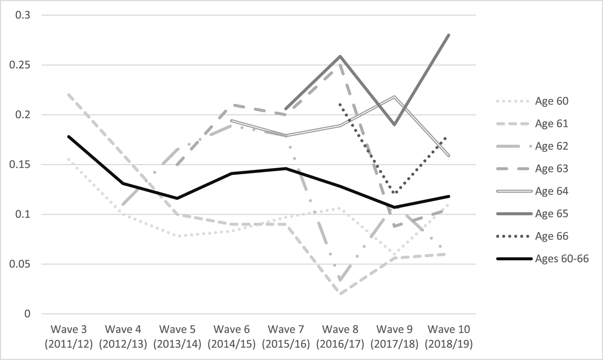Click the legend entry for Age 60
tap(551, 101)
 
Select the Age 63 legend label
tap(551, 169)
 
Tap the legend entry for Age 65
tap(551, 214)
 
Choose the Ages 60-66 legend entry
tap(562, 259)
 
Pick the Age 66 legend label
tap(551, 236)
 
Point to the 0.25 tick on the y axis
tap(22, 65)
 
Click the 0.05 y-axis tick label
tap(22, 264)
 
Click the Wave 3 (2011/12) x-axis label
tap(69, 337)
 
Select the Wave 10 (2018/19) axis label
tap(449, 337)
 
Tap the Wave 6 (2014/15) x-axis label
tap(232, 337)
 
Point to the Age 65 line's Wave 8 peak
tap(340, 56)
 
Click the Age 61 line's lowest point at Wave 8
tap(340, 294)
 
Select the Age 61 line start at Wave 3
tap(69, 95)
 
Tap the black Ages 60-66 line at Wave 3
tap(69, 137)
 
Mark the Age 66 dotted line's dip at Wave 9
tap(395, 193)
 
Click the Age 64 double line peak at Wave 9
tap(395, 96)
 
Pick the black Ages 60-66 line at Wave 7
tap(286, 168)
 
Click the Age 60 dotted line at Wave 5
tap(178, 236)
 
